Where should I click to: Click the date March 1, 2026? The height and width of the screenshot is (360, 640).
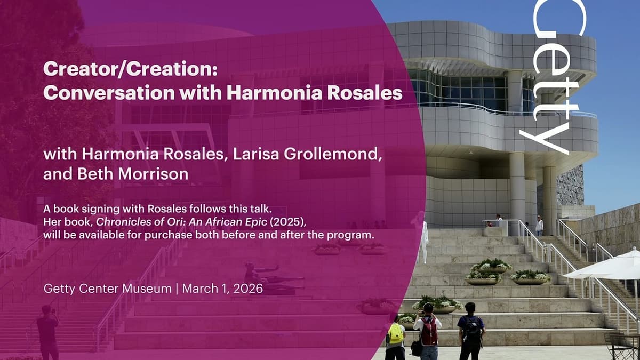(222, 289)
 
